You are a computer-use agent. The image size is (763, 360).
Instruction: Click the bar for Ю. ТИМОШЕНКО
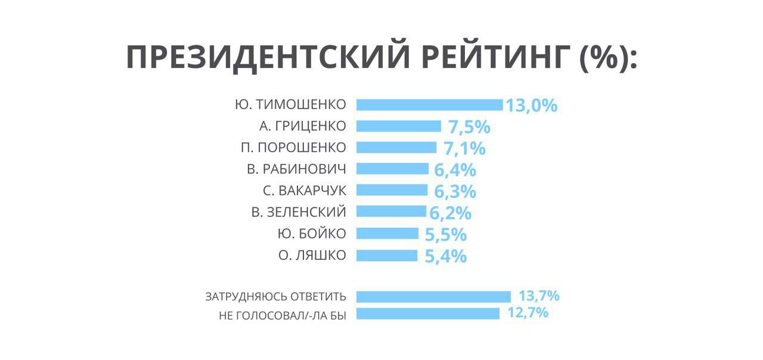pyautogui.click(x=429, y=105)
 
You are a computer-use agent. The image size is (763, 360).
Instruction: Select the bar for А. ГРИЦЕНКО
pyautogui.click(x=398, y=126)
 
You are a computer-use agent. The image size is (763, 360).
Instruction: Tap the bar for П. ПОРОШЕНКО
pyautogui.click(x=396, y=148)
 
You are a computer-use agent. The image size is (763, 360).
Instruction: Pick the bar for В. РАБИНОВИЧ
pyautogui.click(x=392, y=169)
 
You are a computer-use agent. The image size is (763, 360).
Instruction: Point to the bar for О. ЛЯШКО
pyautogui.click(x=387, y=256)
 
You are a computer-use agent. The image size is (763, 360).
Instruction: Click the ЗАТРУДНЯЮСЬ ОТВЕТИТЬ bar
pyautogui.click(x=433, y=297)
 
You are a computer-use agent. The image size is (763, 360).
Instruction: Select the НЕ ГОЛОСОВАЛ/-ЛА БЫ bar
pyautogui.click(x=427, y=314)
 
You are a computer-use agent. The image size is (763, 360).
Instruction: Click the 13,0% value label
pyautogui.click(x=531, y=106)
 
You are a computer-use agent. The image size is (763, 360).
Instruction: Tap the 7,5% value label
pyautogui.click(x=469, y=128)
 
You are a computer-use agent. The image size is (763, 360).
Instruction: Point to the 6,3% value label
pyautogui.click(x=455, y=192)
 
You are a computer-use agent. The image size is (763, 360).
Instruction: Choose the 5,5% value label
pyautogui.click(x=445, y=235)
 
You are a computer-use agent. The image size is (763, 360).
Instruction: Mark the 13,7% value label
pyautogui.click(x=539, y=296)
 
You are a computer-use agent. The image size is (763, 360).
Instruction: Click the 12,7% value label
pyautogui.click(x=528, y=313)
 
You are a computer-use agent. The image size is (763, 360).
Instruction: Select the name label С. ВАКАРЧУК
pyautogui.click(x=304, y=191)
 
